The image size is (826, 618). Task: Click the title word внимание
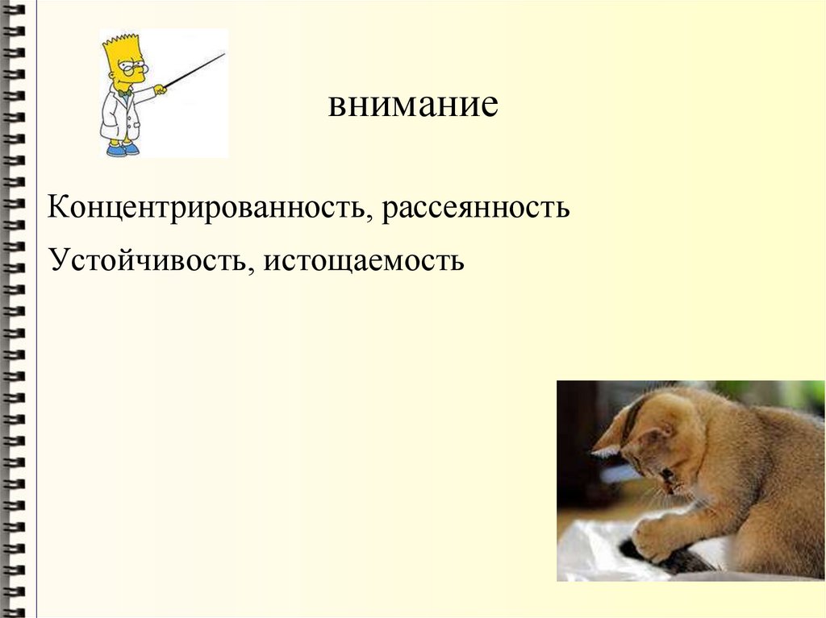click(413, 106)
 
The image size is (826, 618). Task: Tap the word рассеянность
click(476, 208)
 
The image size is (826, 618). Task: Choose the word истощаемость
click(362, 260)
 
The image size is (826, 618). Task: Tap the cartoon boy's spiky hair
click(123, 44)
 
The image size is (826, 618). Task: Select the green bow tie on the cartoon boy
click(123, 93)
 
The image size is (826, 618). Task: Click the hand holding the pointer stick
click(160, 89)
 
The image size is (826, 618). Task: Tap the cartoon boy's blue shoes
click(123, 149)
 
